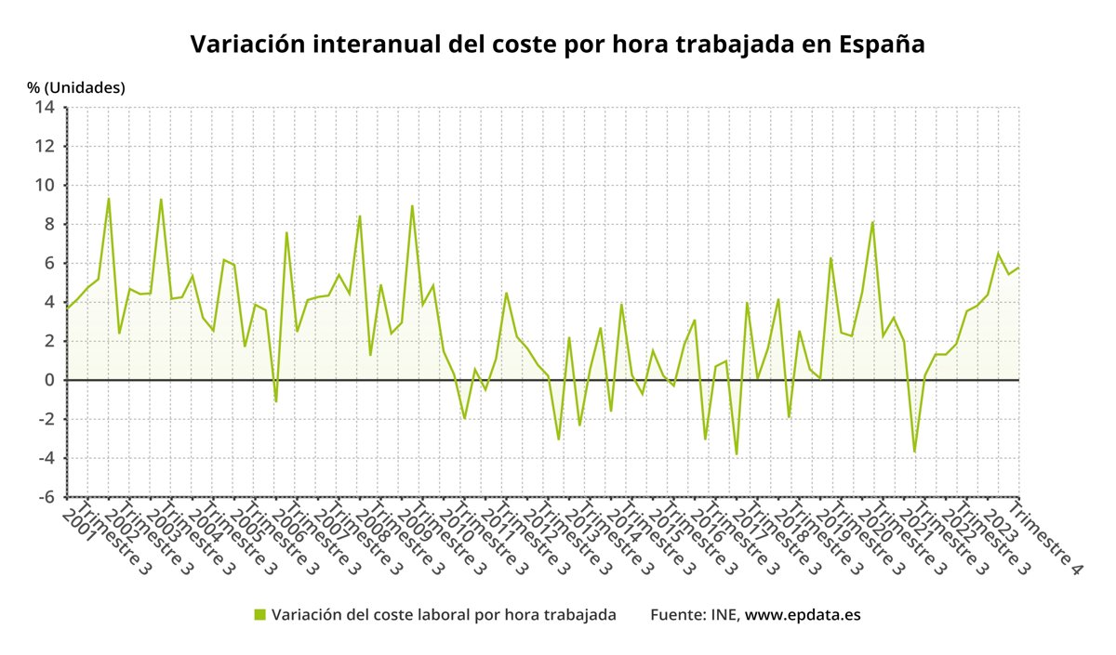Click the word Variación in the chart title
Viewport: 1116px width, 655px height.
click(x=246, y=45)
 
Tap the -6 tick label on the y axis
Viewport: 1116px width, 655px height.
click(x=45, y=497)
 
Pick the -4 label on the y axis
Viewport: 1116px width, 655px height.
click(x=45, y=458)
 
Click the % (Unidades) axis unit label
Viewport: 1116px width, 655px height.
click(x=75, y=87)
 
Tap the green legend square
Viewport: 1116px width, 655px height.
click(x=259, y=614)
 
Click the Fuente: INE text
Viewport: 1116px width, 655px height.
click(x=694, y=614)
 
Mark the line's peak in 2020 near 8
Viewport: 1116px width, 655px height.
click(x=872, y=222)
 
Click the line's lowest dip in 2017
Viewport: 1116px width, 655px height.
click(x=737, y=454)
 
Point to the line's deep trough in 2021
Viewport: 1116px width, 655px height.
click(x=914, y=452)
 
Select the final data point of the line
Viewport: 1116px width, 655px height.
click(x=1018, y=269)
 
